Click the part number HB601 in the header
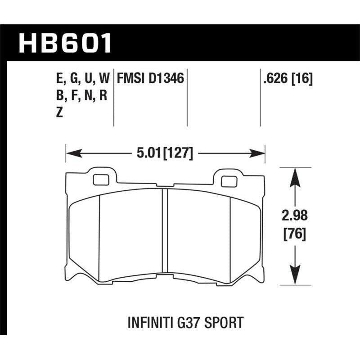click(x=65, y=44)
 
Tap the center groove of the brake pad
click(x=165, y=225)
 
